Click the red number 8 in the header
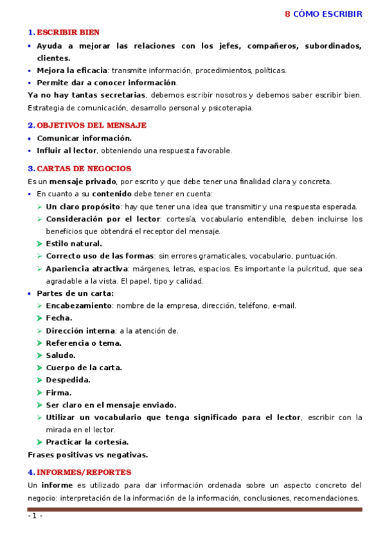[288, 14]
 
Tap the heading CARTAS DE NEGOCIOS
[84, 169]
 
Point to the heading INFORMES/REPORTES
[84, 472]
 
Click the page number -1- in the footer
[35, 516]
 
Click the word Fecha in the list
[58, 318]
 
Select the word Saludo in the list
[60, 355]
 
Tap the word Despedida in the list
[67, 380]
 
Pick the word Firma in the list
[58, 393]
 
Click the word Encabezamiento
[78, 306]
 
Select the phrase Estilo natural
[73, 244]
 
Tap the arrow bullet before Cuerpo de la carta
[40, 368]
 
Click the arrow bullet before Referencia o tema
[40, 343]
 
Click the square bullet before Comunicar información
[30, 139]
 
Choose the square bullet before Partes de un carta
[30, 294]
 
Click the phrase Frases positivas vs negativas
[87, 455]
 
